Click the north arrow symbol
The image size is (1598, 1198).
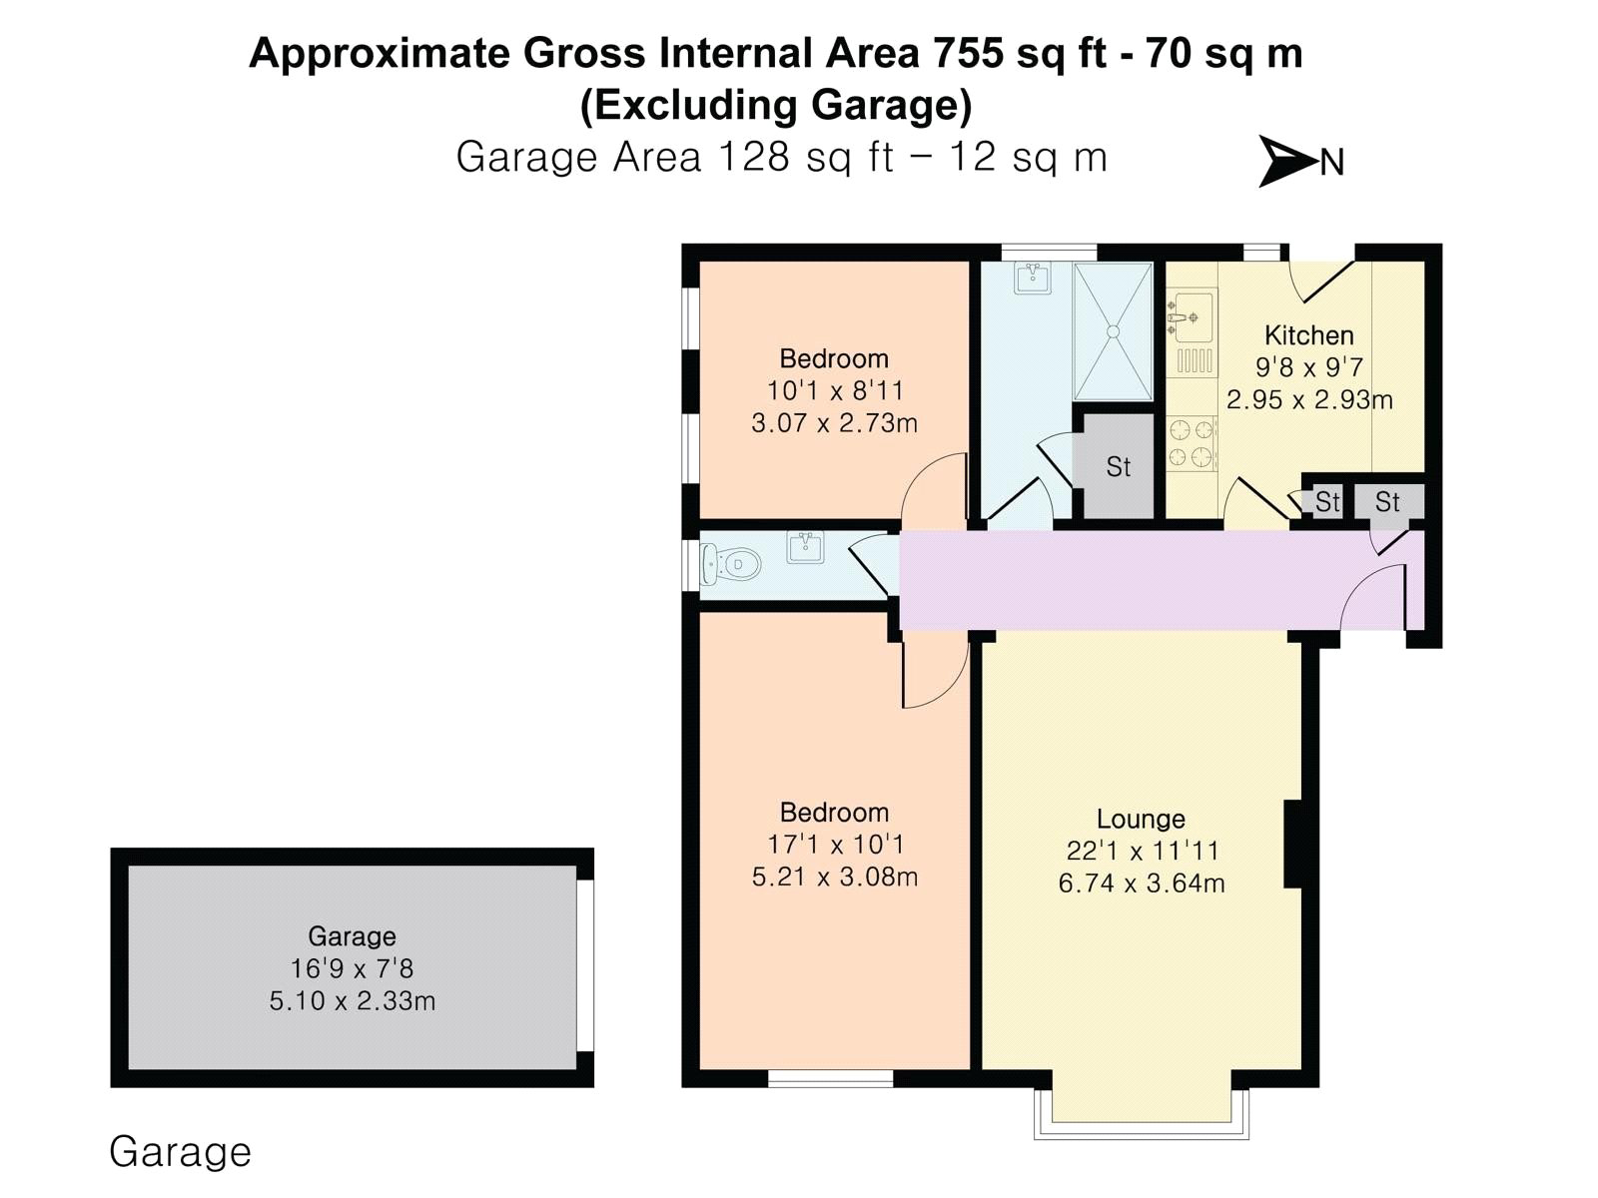(1287, 161)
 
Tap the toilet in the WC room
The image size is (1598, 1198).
(730, 564)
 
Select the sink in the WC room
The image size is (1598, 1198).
(804, 548)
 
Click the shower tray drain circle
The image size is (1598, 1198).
(1114, 331)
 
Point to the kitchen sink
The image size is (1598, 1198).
(1192, 316)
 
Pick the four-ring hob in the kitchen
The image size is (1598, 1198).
(1192, 443)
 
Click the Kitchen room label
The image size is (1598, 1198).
(1309, 335)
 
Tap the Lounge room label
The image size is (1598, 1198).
(1141, 819)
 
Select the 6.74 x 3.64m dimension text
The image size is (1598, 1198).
(1141, 884)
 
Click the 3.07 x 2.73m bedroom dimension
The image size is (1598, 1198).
(834, 422)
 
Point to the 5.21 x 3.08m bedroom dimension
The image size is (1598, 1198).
(834, 877)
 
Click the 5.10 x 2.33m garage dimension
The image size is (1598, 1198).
(353, 1001)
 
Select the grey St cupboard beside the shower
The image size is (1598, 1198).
(1119, 466)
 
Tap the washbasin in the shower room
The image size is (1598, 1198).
(1033, 278)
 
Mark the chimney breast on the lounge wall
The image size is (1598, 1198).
(1292, 844)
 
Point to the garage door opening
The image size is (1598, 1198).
(585, 966)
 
